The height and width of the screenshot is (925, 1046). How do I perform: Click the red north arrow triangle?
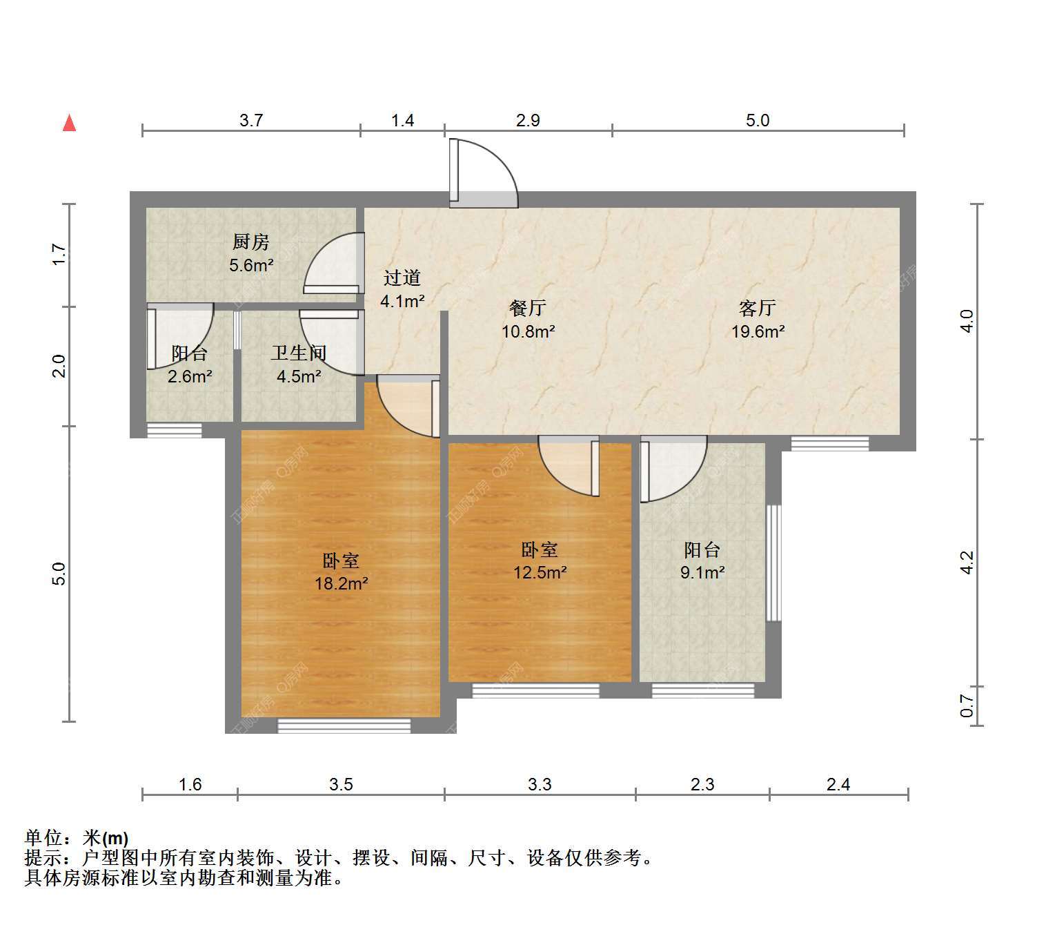(x=69, y=124)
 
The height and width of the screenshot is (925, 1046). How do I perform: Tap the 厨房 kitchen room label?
(x=251, y=242)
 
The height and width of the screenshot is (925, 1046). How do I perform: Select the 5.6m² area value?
(x=251, y=265)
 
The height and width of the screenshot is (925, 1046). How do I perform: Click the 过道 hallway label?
(x=402, y=278)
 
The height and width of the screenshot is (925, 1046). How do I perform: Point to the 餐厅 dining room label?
(x=528, y=308)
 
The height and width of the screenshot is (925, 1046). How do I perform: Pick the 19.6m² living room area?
(x=758, y=331)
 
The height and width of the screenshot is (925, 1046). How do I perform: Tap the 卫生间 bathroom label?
(x=299, y=353)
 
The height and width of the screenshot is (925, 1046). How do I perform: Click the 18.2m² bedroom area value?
(x=342, y=583)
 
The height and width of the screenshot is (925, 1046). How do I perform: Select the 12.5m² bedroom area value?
(x=540, y=572)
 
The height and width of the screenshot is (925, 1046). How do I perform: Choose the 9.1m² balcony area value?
(x=702, y=572)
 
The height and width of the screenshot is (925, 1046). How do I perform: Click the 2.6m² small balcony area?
(x=190, y=376)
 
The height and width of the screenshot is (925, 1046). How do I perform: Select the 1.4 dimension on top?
(x=402, y=120)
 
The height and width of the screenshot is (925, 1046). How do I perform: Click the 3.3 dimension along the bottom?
(x=540, y=784)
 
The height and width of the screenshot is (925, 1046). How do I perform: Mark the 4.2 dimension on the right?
(x=967, y=563)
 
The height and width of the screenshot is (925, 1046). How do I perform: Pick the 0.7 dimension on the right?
(x=967, y=705)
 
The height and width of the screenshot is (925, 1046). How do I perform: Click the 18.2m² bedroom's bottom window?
(x=344, y=725)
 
